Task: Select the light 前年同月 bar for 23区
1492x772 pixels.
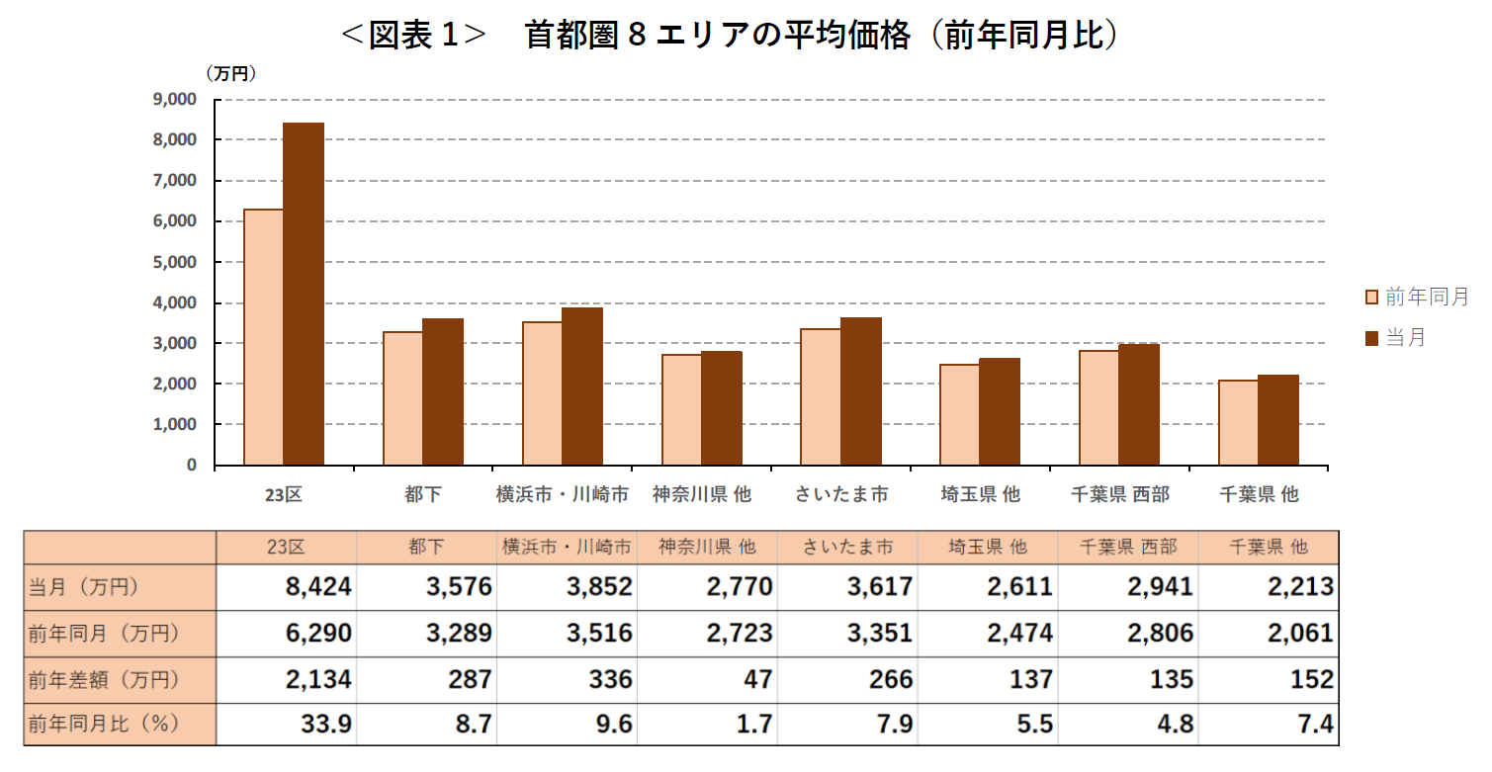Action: pos(264,337)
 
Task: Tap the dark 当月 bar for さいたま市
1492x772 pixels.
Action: pos(861,391)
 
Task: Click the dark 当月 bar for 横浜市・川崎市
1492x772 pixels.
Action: pos(582,386)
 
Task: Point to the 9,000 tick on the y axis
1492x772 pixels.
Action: pos(176,99)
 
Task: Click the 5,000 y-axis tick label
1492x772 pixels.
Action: pos(176,262)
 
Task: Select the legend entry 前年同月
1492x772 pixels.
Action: pos(1416,297)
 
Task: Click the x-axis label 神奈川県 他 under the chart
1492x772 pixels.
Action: pos(702,494)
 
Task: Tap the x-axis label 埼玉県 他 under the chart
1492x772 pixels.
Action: pos(980,494)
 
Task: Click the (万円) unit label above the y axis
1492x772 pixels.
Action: pos(230,73)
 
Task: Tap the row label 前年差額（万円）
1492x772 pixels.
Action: pos(104,679)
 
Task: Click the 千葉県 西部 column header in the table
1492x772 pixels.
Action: pos(1128,547)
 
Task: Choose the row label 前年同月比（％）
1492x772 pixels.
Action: pos(104,724)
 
